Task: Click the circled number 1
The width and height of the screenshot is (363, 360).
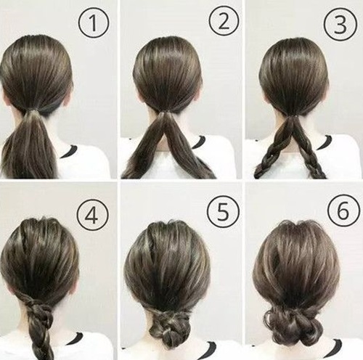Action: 93,22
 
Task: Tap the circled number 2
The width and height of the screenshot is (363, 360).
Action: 224,21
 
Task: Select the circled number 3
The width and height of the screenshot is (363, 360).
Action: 340,25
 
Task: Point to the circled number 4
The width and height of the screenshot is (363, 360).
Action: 93,216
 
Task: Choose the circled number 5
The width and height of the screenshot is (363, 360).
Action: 223,212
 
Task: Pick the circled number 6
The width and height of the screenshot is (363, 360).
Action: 343,211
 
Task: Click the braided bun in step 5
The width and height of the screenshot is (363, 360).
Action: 169,327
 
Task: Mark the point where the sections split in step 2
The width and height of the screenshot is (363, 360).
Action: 166,113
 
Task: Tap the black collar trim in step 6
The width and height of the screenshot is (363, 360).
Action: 335,346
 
